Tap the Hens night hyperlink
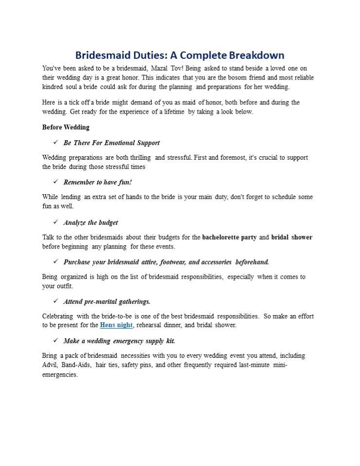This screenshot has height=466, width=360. [x=116, y=325]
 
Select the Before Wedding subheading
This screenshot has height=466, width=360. [x=66, y=127]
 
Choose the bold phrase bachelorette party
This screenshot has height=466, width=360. [x=229, y=237]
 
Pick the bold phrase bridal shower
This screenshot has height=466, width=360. [x=291, y=237]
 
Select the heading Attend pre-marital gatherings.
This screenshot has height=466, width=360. [x=107, y=301]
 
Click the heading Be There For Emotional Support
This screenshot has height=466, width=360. [x=111, y=143]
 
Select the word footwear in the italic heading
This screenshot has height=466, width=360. [x=172, y=262]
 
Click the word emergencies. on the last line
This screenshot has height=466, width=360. [x=60, y=375]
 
